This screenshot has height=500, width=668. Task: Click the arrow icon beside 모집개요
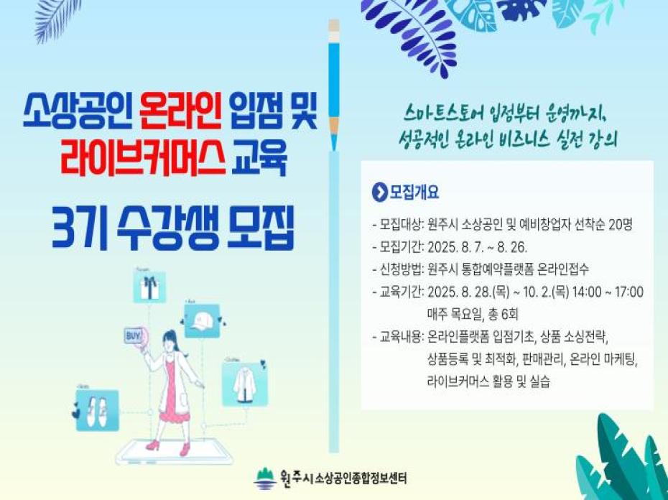coord(379,193)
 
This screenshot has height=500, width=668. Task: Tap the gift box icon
coord(149,288)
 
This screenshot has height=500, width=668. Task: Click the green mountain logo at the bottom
coord(265,476)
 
